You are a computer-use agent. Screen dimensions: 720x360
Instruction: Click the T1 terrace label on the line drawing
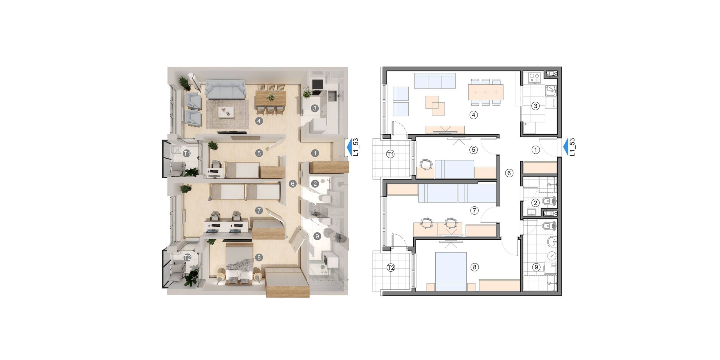pos(390,154)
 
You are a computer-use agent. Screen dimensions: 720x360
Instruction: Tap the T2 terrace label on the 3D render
pos(187,257)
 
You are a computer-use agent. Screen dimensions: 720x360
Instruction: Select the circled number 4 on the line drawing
pos(474,115)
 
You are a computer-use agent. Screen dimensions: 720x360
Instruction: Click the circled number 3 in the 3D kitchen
pos(314,108)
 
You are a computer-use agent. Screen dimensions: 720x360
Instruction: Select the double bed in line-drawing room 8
pos(451,271)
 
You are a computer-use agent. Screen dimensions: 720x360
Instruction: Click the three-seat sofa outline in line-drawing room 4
pos(435,81)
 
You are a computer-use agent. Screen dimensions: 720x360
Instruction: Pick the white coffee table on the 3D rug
pos(227,112)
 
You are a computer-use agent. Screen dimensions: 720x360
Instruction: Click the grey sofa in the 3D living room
pos(225,90)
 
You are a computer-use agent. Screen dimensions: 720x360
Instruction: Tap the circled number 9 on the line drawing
pos(536,267)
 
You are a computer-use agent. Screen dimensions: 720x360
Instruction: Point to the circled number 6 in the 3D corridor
pos(293,184)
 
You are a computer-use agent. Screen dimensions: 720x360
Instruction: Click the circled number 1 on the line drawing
pos(535,150)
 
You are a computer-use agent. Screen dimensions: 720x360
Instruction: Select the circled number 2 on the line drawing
pos(535,203)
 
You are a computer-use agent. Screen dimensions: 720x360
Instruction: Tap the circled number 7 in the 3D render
pos(259,210)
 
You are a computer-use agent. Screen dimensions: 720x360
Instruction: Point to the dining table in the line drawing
pos(486,92)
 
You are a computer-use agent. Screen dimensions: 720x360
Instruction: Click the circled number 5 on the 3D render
pos(259,153)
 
